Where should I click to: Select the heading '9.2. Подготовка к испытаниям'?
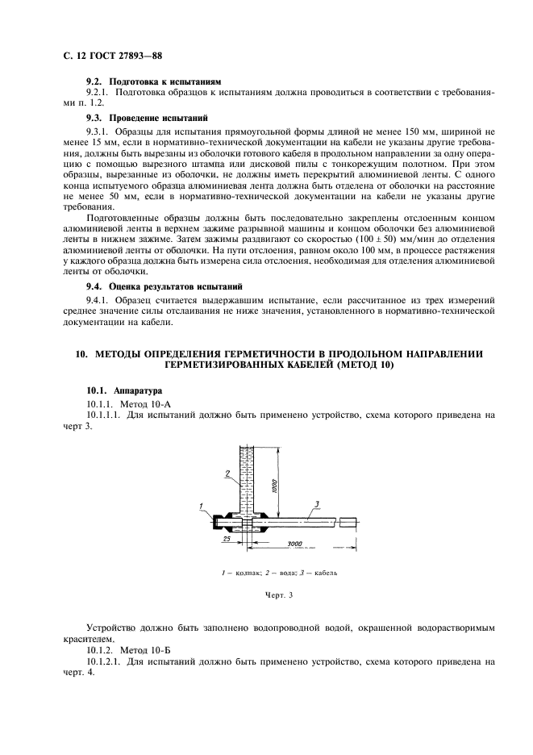click(x=153, y=82)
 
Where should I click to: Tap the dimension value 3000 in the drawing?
click(x=294, y=544)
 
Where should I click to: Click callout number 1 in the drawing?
click(x=199, y=504)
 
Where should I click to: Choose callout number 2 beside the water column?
click(x=228, y=472)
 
